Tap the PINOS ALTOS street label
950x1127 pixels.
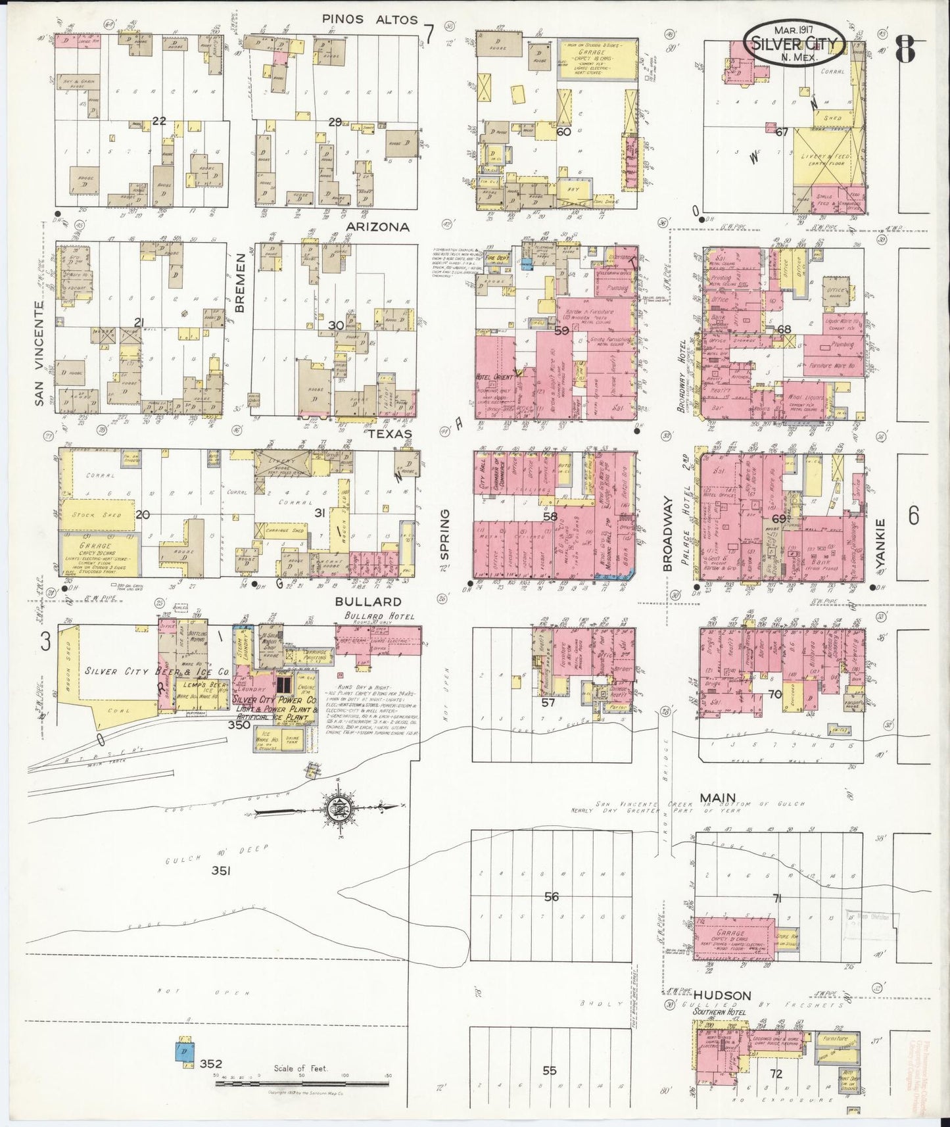(369, 20)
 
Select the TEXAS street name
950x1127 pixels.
(389, 434)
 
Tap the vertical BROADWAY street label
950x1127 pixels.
(667, 533)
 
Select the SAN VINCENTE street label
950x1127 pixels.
(39, 354)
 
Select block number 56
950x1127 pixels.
(551, 897)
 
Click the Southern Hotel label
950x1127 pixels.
(719, 1012)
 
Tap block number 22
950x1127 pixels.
(158, 121)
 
